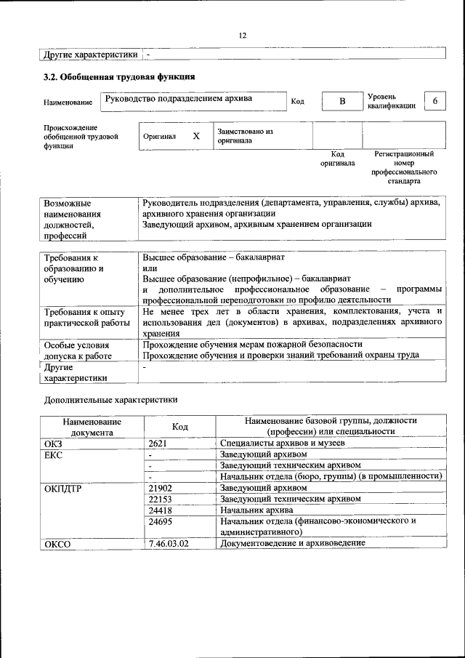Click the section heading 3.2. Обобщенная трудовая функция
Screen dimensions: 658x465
point(118,76)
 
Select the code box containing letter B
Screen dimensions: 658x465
point(341,101)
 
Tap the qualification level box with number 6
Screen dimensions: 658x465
point(434,101)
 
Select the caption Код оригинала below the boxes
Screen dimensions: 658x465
point(337,159)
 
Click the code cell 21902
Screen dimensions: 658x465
point(160,487)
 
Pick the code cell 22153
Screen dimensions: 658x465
point(160,499)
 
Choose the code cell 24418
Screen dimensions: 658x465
point(160,510)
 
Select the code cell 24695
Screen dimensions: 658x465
point(160,521)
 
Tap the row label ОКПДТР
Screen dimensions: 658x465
point(62,488)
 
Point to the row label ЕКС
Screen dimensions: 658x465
point(54,454)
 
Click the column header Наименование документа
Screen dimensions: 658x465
point(92,426)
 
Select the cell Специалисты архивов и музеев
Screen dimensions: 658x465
point(283,443)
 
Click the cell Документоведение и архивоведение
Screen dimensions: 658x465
point(294,543)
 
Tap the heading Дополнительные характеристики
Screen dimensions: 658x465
point(110,399)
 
